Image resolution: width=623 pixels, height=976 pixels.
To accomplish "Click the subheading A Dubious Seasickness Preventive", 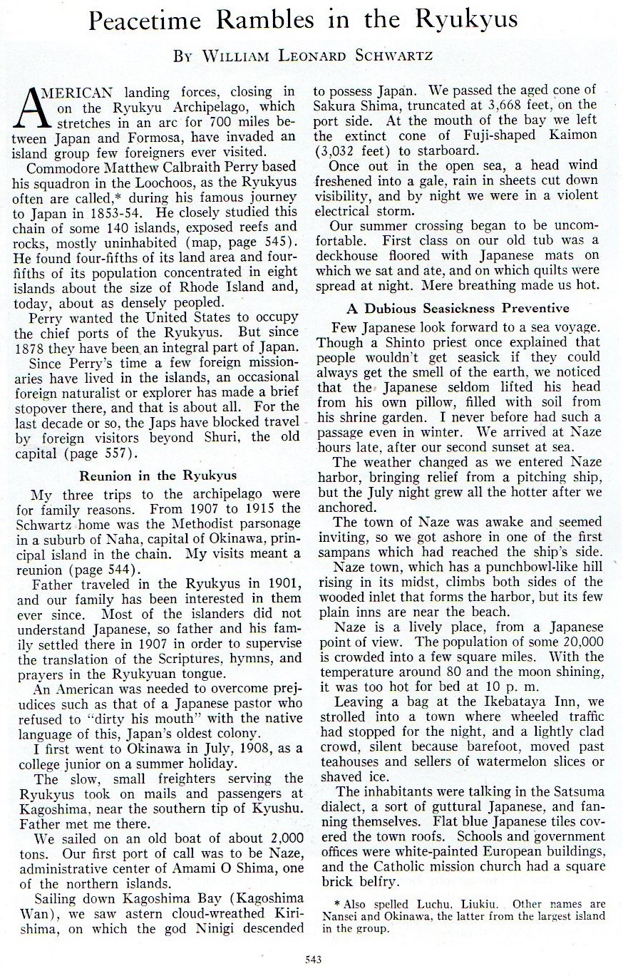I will click(458, 308).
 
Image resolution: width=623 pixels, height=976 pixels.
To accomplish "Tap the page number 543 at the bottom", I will click(312, 960).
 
